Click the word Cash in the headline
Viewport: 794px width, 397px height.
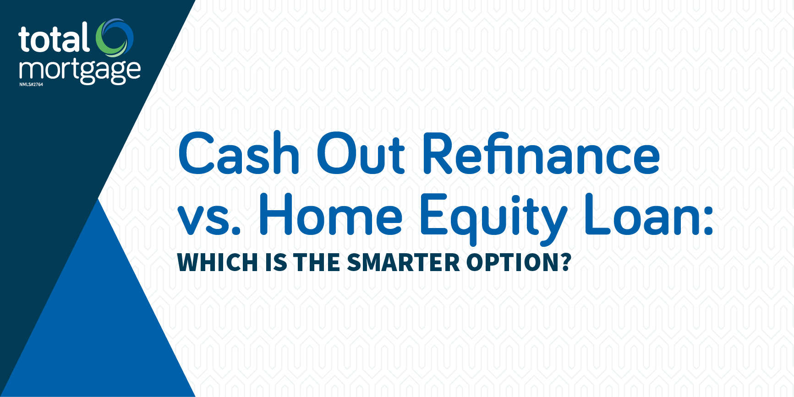click(239, 153)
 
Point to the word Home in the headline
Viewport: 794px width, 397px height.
click(331, 214)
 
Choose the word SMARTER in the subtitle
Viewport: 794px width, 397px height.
click(404, 262)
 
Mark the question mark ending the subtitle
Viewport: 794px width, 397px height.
click(565, 262)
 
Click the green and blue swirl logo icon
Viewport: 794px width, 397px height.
click(115, 37)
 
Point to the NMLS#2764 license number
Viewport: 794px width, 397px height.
click(31, 85)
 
